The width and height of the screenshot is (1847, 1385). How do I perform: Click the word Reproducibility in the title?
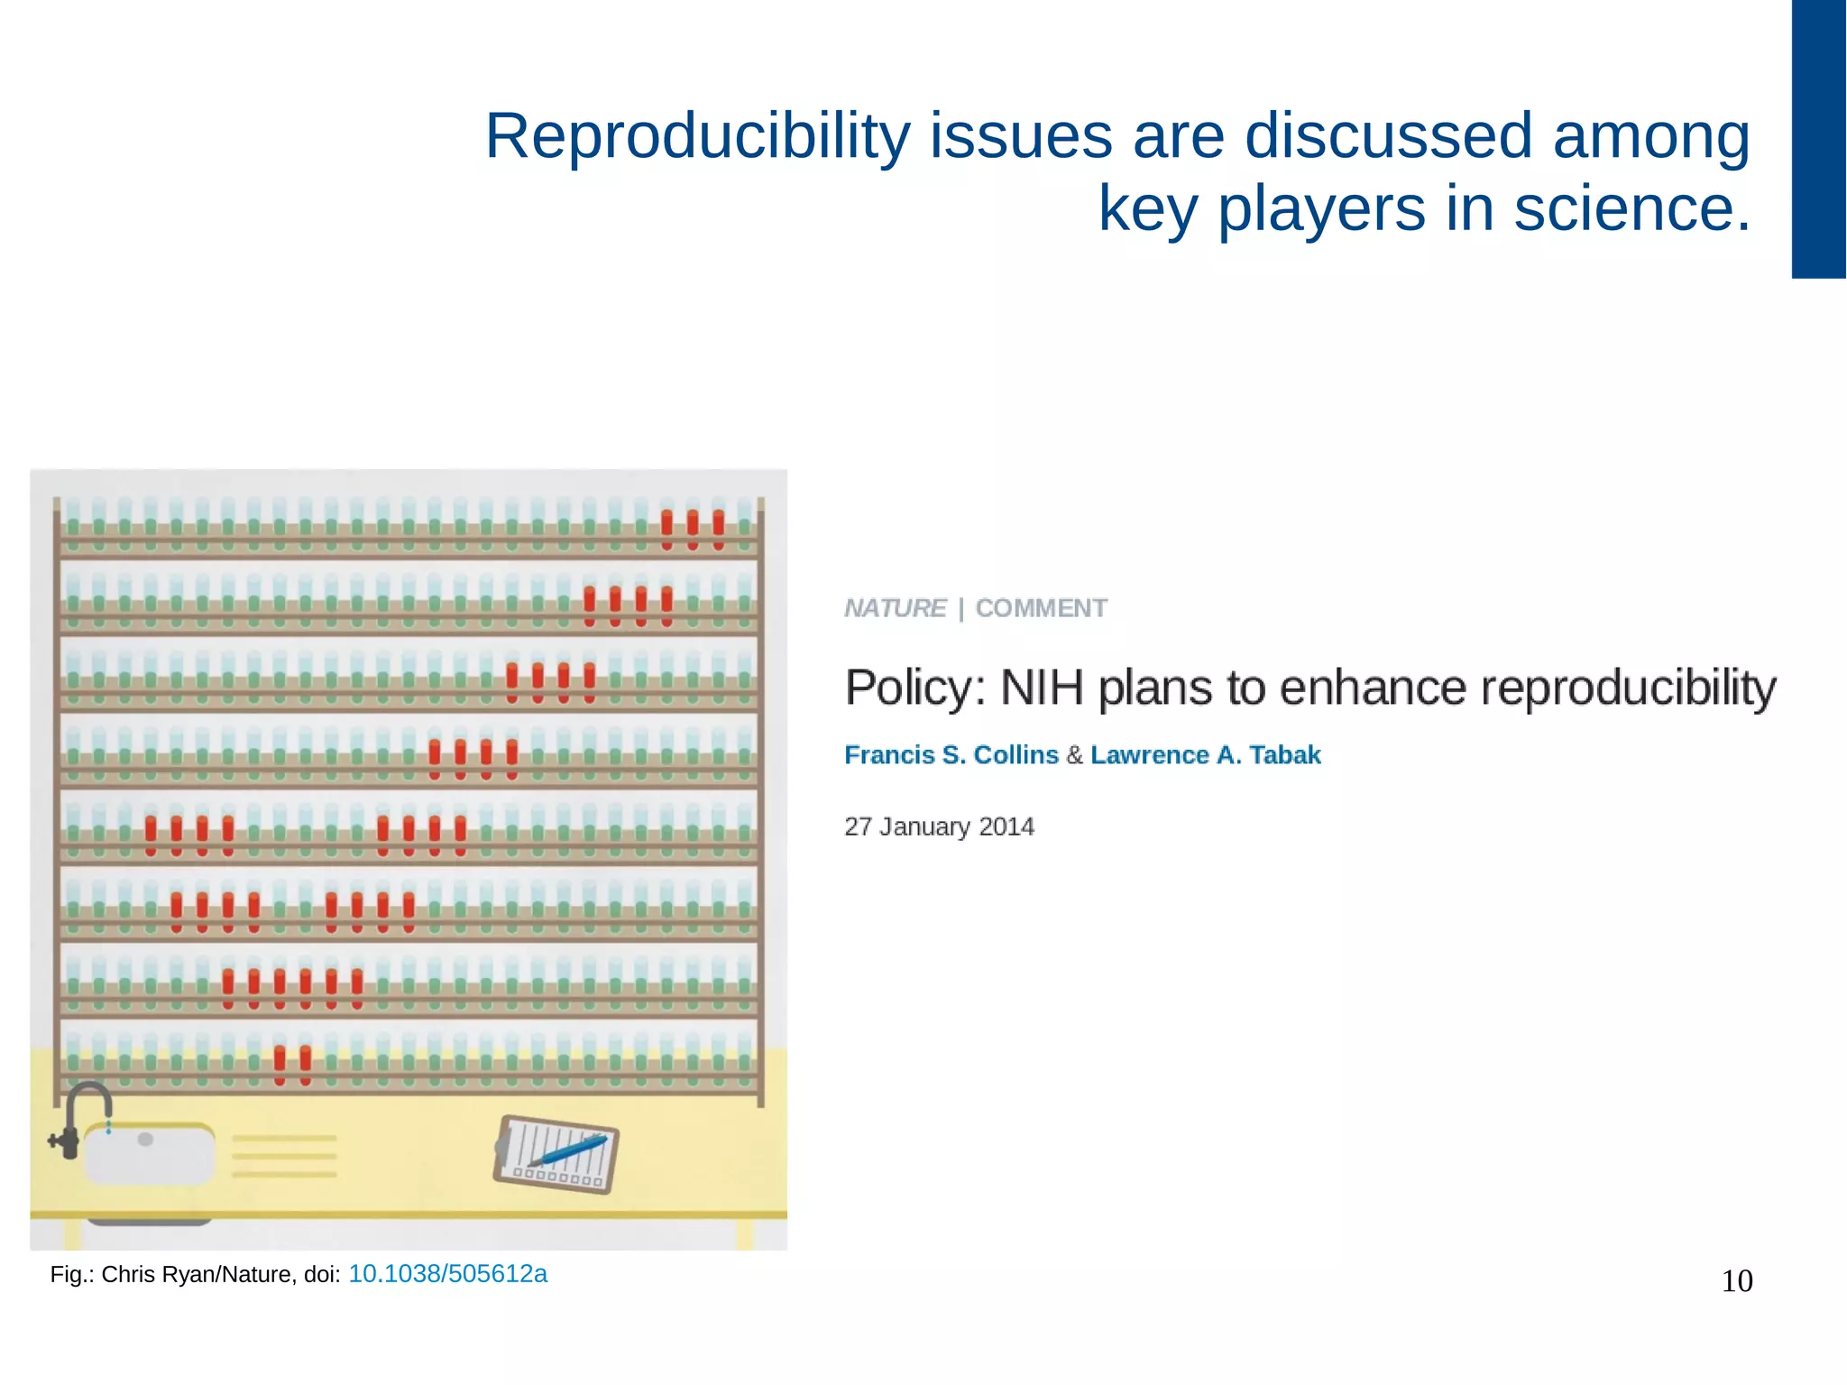click(x=697, y=137)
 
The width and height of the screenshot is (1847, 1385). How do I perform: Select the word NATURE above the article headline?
click(x=895, y=608)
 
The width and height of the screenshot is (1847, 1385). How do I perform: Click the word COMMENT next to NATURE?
click(x=1041, y=608)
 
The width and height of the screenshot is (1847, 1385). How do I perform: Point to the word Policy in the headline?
click(x=913, y=688)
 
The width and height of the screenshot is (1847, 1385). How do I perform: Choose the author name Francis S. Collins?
click(x=951, y=754)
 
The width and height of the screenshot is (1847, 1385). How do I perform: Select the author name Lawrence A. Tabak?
click(x=1205, y=754)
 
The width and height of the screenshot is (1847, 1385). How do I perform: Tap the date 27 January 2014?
click(x=939, y=826)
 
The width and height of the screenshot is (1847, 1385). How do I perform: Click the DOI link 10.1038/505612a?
click(x=447, y=1273)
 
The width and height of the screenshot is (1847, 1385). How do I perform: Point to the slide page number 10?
click(x=1736, y=1281)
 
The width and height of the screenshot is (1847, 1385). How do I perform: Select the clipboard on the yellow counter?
click(x=556, y=1155)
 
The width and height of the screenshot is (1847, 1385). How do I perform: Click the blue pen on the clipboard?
click(x=568, y=1150)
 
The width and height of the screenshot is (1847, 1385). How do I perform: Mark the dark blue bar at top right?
click(x=1817, y=140)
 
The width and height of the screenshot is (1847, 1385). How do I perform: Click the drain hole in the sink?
click(x=145, y=1140)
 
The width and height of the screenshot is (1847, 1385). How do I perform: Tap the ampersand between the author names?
click(x=1074, y=754)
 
